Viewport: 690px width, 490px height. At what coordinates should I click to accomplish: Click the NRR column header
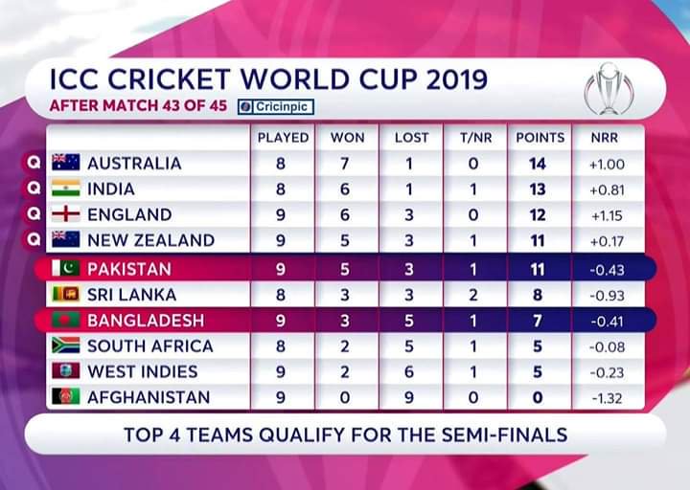[x=605, y=138]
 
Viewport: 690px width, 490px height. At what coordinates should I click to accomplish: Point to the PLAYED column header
[x=283, y=138]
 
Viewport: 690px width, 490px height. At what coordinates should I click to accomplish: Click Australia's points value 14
[x=538, y=164]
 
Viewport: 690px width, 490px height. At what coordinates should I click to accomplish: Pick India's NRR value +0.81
[x=607, y=189]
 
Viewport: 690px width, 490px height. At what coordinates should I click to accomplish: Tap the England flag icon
[x=65, y=214]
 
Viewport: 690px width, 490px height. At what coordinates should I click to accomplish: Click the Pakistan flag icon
[x=65, y=268]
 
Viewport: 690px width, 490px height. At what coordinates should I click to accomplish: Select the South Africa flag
[x=65, y=345]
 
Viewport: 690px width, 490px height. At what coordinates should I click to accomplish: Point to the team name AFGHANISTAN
[x=149, y=397]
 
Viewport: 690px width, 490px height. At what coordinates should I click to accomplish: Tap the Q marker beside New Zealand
[x=33, y=240]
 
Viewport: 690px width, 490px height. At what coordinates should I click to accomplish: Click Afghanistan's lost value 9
[x=409, y=397]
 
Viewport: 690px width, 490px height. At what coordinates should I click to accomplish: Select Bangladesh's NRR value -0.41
[x=607, y=320]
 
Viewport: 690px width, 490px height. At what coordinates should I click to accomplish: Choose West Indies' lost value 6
[x=409, y=371]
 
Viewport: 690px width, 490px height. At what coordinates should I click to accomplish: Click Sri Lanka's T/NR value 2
[x=473, y=294]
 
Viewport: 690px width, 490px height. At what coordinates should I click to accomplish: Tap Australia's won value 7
[x=346, y=164]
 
